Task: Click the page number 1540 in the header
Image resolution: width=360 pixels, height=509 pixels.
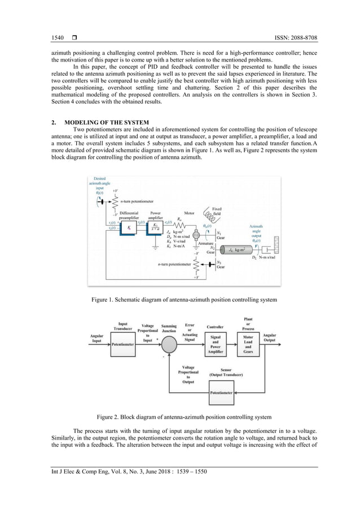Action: tap(58, 38)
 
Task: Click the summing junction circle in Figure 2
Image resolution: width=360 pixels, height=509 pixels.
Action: tap(169, 344)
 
